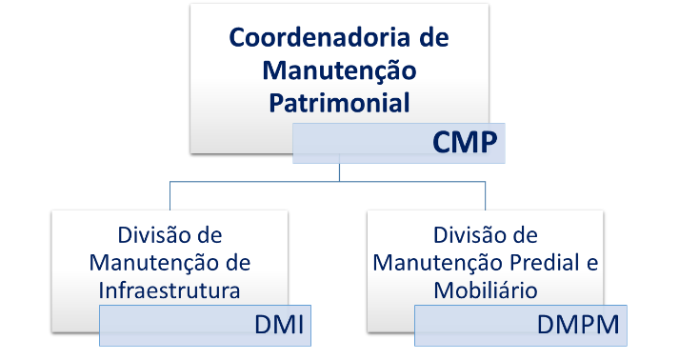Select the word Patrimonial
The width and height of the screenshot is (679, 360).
coord(340,102)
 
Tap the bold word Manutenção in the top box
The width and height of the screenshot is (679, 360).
coord(340,70)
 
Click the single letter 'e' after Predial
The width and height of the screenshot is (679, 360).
coord(590,262)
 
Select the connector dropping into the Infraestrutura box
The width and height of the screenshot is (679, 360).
coord(170,195)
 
